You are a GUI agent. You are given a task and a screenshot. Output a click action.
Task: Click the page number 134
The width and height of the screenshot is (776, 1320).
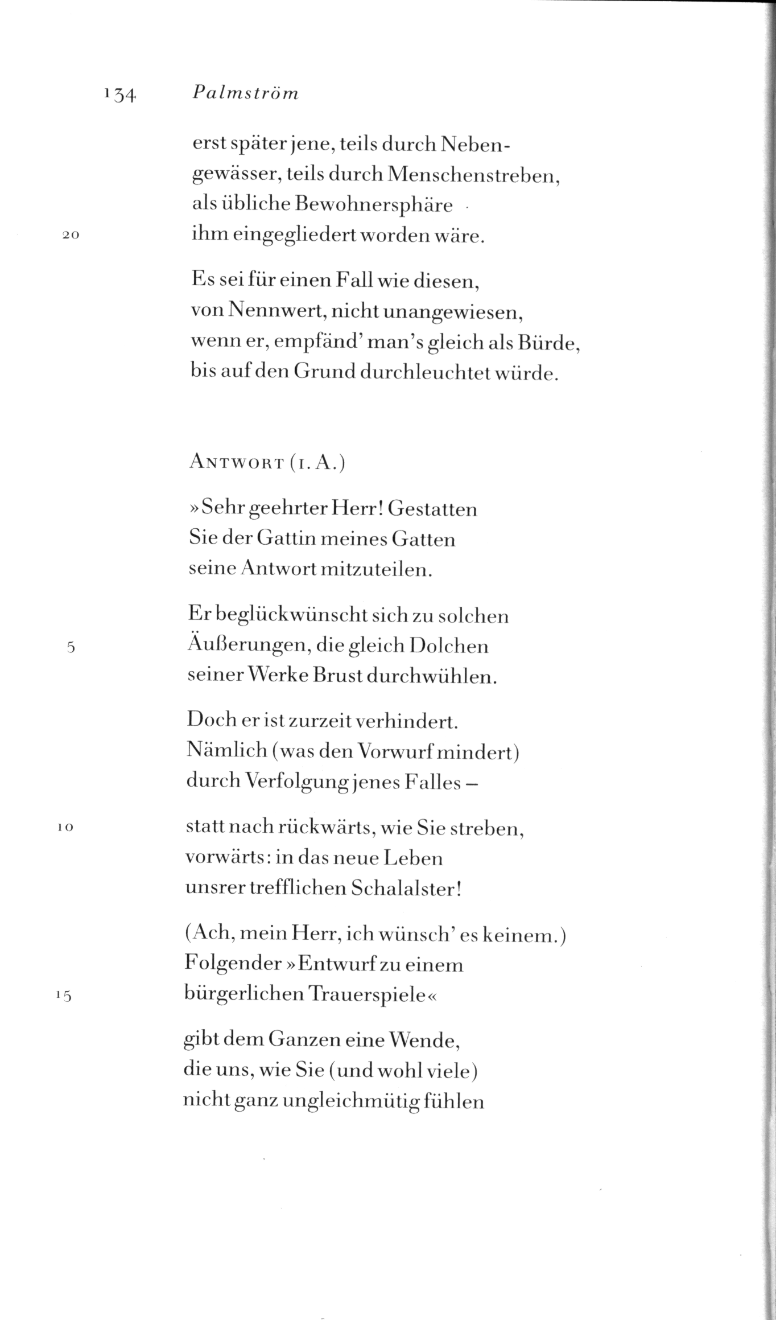pyautogui.click(x=119, y=94)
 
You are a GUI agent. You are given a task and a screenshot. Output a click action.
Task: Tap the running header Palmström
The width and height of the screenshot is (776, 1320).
pyautogui.click(x=245, y=93)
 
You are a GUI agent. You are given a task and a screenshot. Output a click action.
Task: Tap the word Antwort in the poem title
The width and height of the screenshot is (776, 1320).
pyautogui.click(x=237, y=463)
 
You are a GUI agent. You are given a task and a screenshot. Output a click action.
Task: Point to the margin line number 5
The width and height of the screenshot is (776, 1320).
pyautogui.click(x=71, y=648)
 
